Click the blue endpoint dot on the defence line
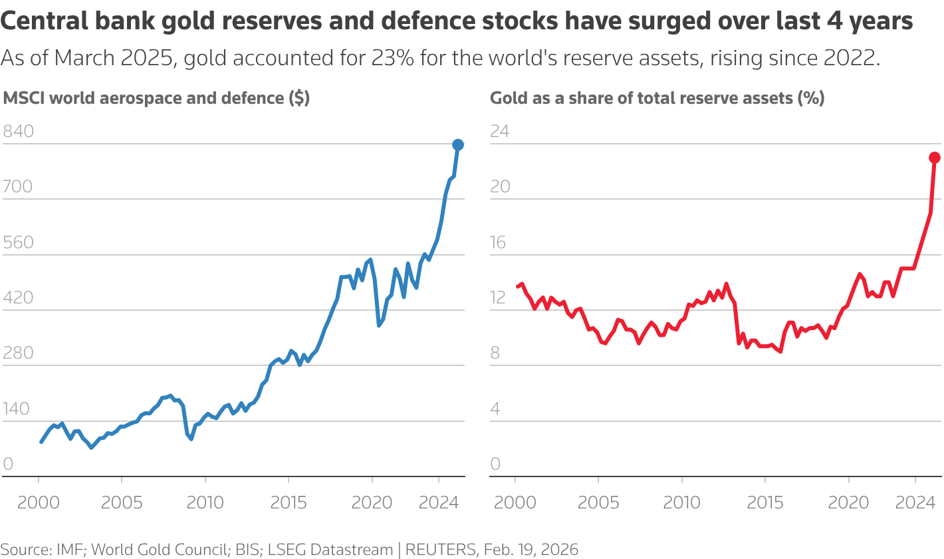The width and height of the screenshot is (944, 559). tap(458, 144)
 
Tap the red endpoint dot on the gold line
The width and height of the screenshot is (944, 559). tap(935, 158)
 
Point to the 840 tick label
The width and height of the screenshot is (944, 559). tap(18, 131)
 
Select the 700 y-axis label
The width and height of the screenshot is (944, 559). tap(18, 186)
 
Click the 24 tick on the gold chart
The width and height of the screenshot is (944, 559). tap(499, 131)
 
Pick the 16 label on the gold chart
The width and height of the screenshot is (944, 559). tap(498, 242)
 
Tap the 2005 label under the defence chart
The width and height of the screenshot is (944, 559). tap(122, 502)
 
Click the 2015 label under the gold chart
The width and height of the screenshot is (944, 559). tap(765, 502)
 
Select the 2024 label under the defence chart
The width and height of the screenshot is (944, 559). tap(438, 502)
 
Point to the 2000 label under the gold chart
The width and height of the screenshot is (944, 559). tap(515, 502)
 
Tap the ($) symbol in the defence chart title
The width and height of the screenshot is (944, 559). tap(299, 98)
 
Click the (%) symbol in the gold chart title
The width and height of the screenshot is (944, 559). tap(811, 98)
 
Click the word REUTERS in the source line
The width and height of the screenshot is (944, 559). tap(441, 549)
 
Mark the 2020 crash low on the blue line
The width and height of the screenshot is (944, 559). tap(379, 325)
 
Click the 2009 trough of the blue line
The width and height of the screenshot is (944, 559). tap(191, 439)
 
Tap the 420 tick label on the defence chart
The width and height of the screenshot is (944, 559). tap(18, 297)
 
